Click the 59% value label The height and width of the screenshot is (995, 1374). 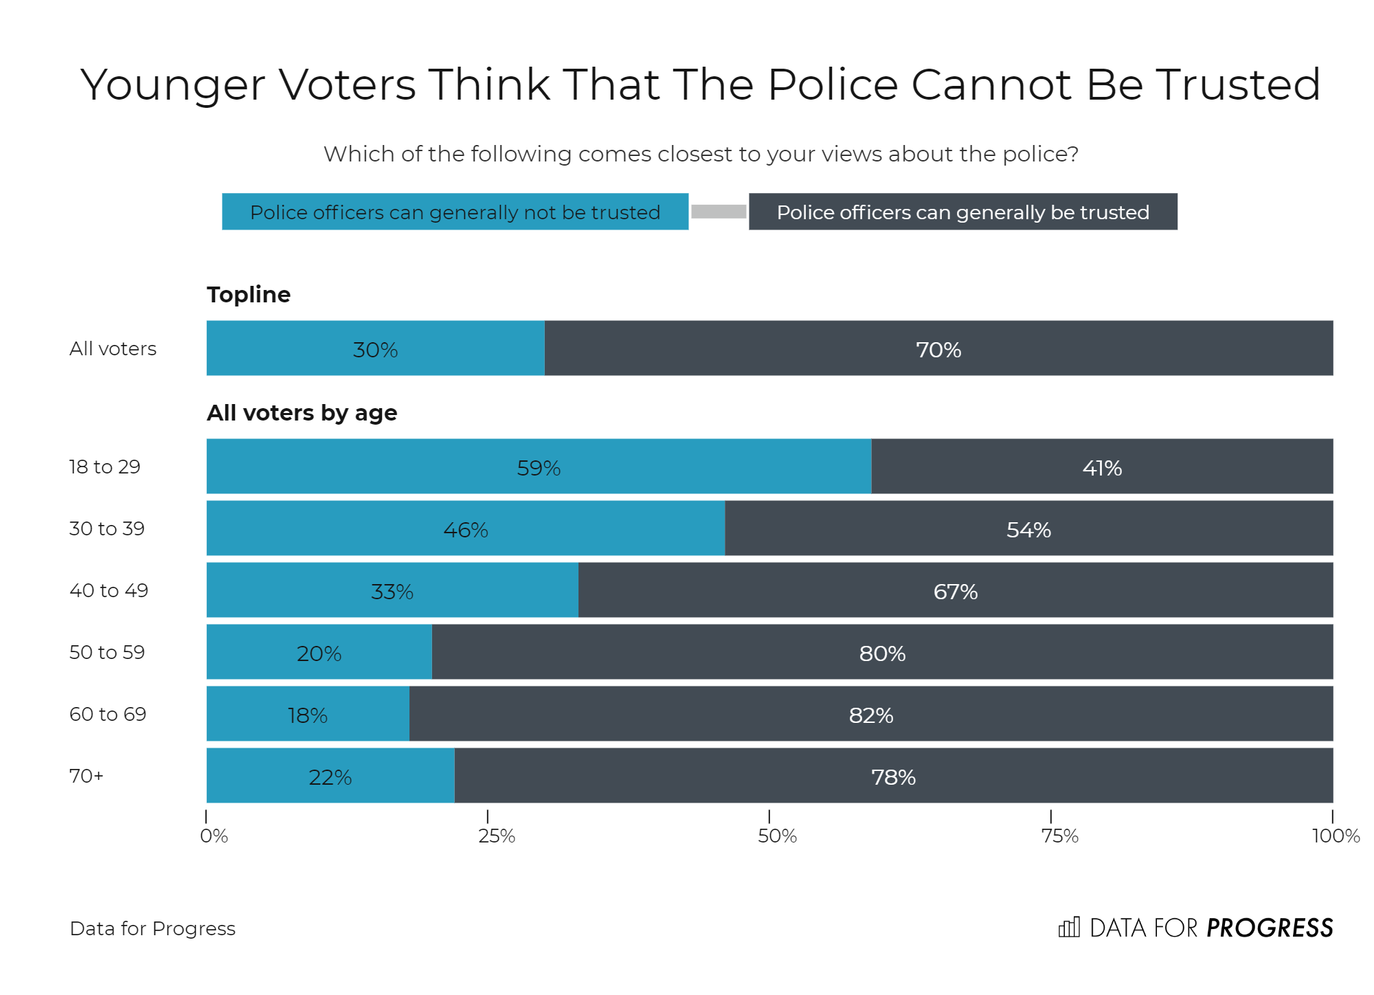(x=539, y=468)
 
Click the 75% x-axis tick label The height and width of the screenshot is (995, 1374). (x=1059, y=836)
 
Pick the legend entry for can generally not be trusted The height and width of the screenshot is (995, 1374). (x=455, y=212)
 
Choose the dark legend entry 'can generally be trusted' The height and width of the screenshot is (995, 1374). (x=962, y=212)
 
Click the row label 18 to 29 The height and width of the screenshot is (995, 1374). (x=104, y=467)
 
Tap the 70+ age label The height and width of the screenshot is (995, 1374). (x=87, y=776)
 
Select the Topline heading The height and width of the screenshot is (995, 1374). (x=249, y=294)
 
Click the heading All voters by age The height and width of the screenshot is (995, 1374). (x=302, y=412)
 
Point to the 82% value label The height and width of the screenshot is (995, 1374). (x=870, y=715)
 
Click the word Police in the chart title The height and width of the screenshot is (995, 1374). (x=833, y=85)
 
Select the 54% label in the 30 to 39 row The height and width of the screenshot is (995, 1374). (x=1028, y=530)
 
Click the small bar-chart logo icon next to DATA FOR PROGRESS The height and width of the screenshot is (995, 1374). (x=1069, y=928)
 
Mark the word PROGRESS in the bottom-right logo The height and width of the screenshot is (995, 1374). (x=1270, y=928)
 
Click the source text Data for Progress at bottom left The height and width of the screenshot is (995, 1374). (x=153, y=928)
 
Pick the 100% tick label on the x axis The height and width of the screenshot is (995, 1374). (x=1335, y=836)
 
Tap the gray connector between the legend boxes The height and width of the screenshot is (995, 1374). (x=719, y=212)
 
